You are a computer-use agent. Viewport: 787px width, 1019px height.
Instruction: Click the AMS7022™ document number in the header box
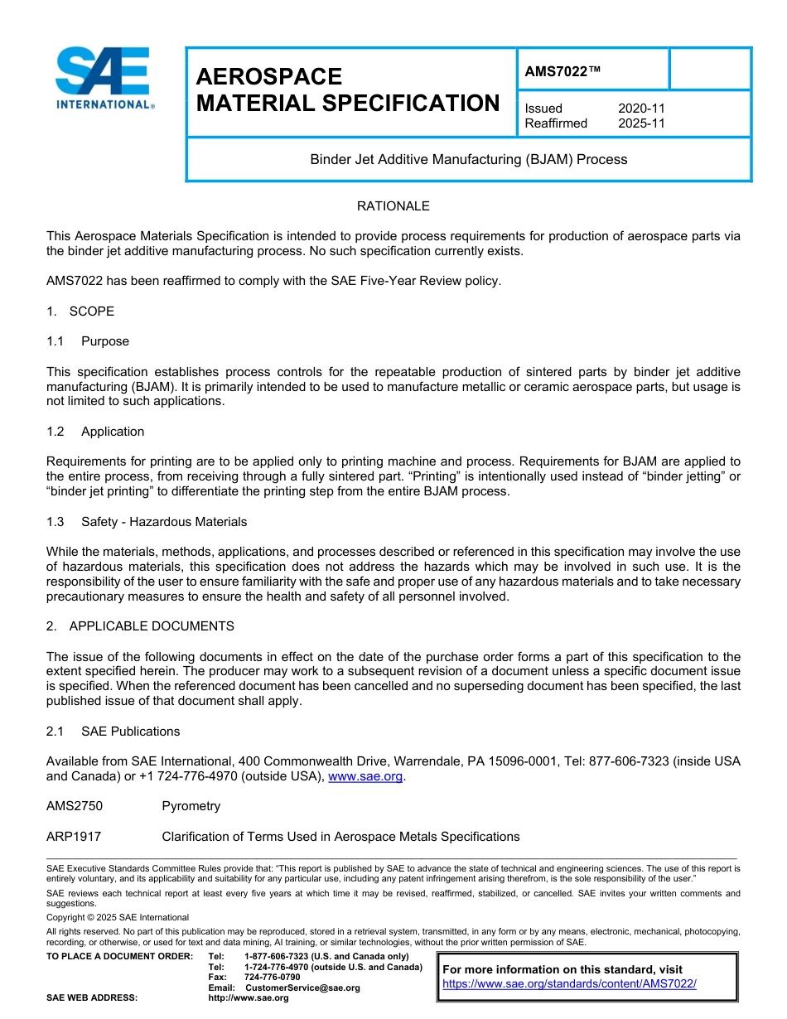(x=562, y=72)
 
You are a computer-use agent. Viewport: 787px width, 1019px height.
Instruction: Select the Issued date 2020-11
(x=641, y=109)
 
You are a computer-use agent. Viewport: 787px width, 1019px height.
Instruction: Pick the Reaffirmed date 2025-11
(x=641, y=123)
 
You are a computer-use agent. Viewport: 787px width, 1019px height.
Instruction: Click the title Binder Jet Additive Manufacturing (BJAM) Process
(x=468, y=159)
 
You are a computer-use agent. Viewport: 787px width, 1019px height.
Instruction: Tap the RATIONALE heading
(x=393, y=206)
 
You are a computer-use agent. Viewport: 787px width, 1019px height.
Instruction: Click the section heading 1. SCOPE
(x=80, y=311)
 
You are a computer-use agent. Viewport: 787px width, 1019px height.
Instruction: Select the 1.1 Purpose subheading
(x=88, y=341)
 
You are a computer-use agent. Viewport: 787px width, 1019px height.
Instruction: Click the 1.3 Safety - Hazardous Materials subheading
(x=147, y=522)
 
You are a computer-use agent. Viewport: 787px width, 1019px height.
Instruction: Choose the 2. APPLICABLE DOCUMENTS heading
(x=140, y=626)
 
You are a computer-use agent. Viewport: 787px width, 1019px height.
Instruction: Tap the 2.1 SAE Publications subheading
(x=113, y=732)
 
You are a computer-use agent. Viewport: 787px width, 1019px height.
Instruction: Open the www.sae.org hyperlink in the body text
(x=365, y=777)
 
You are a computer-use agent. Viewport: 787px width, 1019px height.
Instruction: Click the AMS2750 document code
(x=75, y=806)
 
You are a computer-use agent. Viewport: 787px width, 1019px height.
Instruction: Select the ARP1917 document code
(x=74, y=837)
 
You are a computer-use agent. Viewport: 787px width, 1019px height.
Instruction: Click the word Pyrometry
(x=191, y=806)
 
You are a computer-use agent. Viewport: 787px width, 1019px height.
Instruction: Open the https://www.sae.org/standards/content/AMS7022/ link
(x=569, y=983)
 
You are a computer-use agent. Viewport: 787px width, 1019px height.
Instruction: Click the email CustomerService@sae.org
(x=302, y=988)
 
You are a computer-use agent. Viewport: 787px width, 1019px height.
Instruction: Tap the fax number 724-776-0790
(x=272, y=978)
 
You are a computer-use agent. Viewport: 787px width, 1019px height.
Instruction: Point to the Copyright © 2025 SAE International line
(x=118, y=917)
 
